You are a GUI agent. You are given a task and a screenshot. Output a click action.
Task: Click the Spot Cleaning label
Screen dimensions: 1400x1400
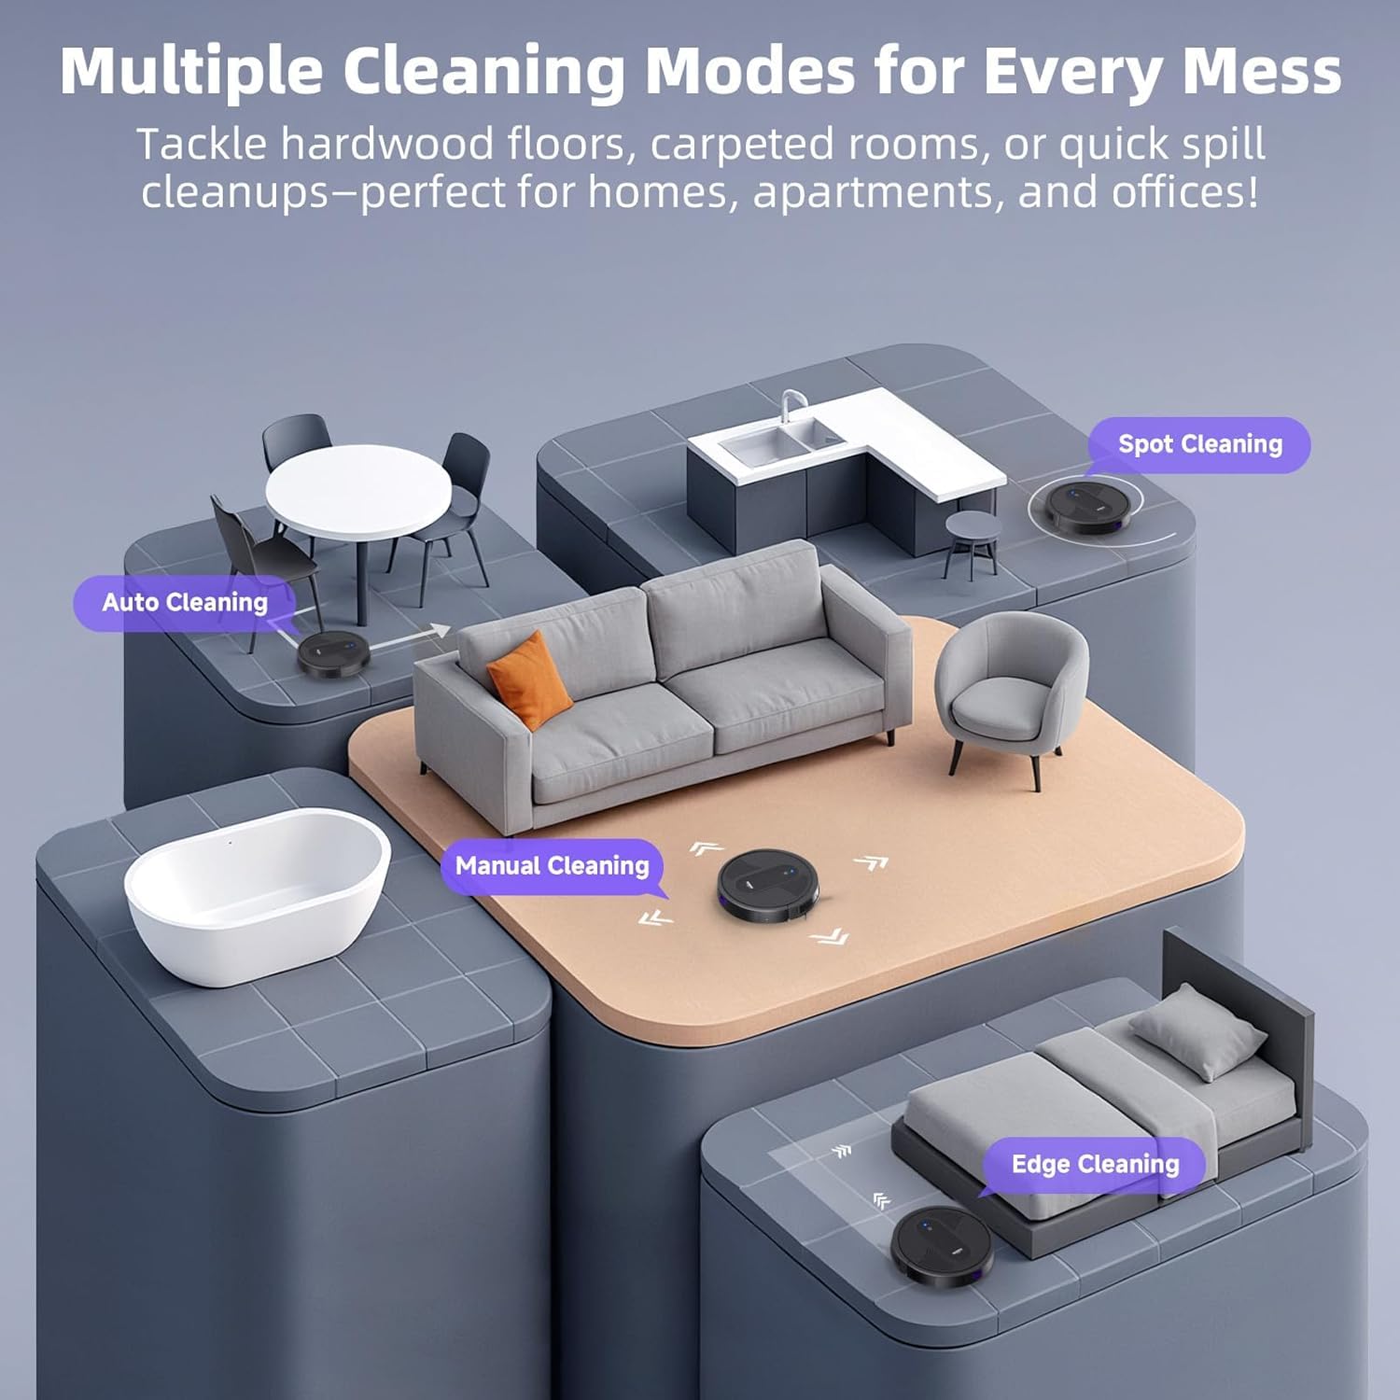(1199, 444)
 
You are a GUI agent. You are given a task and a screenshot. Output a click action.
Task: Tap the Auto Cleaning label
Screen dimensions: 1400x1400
(185, 603)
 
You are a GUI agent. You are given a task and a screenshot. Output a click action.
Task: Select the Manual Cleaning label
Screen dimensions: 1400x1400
(552, 866)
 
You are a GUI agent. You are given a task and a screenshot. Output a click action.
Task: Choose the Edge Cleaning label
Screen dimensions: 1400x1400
(1095, 1165)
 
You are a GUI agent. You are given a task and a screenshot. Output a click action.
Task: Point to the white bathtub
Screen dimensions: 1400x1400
(257, 891)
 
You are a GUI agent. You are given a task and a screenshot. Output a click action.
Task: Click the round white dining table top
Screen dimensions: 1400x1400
(358, 491)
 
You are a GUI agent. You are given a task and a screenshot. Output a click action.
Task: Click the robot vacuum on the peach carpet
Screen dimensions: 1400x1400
(768, 885)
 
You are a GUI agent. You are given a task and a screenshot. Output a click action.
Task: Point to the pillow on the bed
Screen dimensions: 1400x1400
(1198, 1030)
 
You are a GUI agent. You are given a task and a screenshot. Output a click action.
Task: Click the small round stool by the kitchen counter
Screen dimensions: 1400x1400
(972, 541)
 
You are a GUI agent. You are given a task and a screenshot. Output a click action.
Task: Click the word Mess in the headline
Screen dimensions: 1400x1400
(1261, 71)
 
